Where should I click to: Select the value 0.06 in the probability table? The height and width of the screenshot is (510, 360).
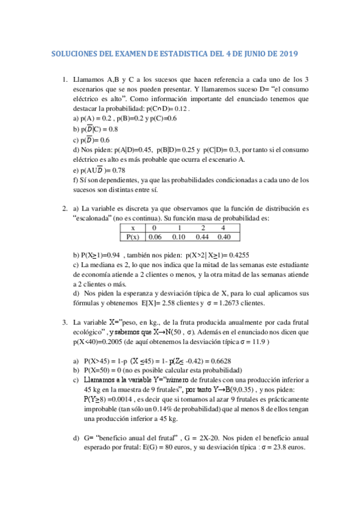coord(155,236)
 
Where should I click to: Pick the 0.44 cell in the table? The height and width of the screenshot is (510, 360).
coord(204,236)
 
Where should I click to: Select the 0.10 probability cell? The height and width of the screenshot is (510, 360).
coord(179,236)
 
